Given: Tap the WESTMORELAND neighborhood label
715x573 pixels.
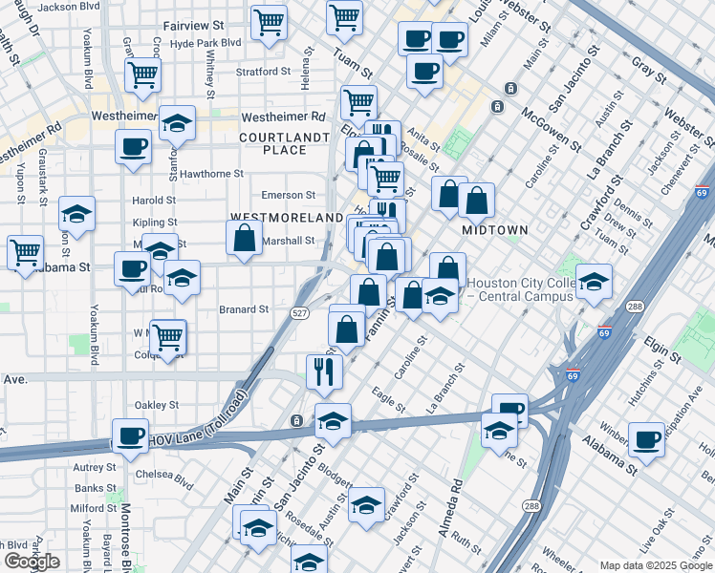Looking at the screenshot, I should click(x=287, y=218).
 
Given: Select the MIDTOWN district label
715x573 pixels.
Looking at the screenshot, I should click(x=495, y=231).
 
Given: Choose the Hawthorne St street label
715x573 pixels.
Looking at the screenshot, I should click(x=212, y=174).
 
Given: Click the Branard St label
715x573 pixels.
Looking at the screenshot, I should click(x=244, y=309).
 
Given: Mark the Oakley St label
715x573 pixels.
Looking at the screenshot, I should click(x=158, y=405).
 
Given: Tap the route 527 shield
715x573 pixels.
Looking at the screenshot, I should click(x=299, y=312).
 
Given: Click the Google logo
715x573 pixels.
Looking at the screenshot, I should click(x=32, y=562).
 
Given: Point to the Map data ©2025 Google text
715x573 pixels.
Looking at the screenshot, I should click(x=655, y=565).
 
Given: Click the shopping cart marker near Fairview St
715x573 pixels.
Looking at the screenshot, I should click(x=270, y=20).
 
